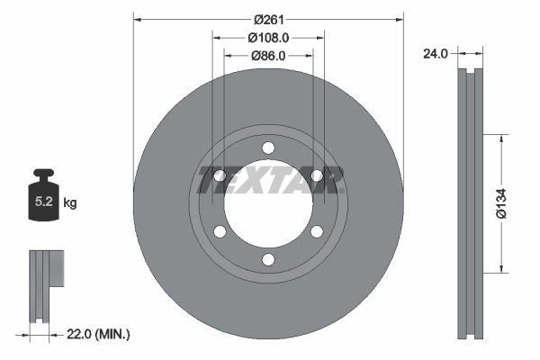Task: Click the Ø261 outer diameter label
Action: pyautogui.click(x=268, y=19)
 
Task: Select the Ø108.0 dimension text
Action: pyautogui.click(x=268, y=38)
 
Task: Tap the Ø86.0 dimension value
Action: pyautogui.click(x=268, y=56)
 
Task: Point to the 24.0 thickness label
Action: pyautogui.click(x=436, y=54)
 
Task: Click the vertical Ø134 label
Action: pyautogui.click(x=513, y=204)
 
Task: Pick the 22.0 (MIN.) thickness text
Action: pyautogui.click(x=100, y=334)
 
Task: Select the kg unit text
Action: pyautogui.click(x=70, y=204)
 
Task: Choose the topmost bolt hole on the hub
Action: pyautogui.click(x=268, y=148)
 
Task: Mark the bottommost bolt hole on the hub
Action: pyautogui.click(x=268, y=260)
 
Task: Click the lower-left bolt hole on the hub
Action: pyautogui.click(x=220, y=232)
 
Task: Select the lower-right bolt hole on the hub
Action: pyautogui.click(x=317, y=232)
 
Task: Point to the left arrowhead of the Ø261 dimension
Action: pyautogui.click(x=138, y=19)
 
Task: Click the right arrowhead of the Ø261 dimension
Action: pyautogui.click(x=400, y=19)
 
